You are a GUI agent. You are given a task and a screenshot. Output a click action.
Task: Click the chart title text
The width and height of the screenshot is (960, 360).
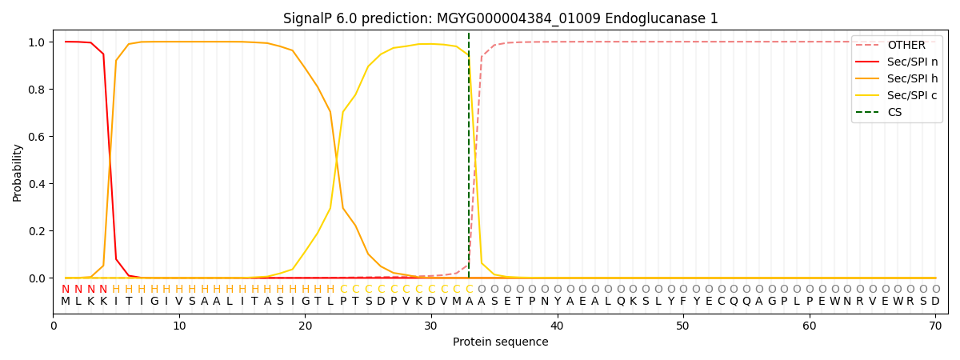point(501,18)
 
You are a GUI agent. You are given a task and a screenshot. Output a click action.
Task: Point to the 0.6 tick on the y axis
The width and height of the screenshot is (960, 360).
point(38,137)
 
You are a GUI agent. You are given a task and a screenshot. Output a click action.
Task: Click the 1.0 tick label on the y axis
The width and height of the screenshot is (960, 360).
point(38,42)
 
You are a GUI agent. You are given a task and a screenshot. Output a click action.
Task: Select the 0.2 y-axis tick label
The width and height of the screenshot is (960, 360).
point(38,231)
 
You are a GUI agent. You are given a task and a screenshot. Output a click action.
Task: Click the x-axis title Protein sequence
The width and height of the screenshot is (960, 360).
point(501,342)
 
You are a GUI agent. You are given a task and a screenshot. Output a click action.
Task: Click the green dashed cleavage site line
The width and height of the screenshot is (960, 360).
point(469,160)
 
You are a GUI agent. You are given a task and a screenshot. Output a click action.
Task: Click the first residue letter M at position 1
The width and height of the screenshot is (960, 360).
point(66,302)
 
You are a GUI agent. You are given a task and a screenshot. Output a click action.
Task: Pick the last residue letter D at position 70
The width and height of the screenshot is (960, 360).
point(935,302)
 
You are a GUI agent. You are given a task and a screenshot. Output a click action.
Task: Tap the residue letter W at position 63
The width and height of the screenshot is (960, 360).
point(847,302)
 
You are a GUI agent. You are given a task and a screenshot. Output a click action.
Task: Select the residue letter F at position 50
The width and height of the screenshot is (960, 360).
point(683,302)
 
